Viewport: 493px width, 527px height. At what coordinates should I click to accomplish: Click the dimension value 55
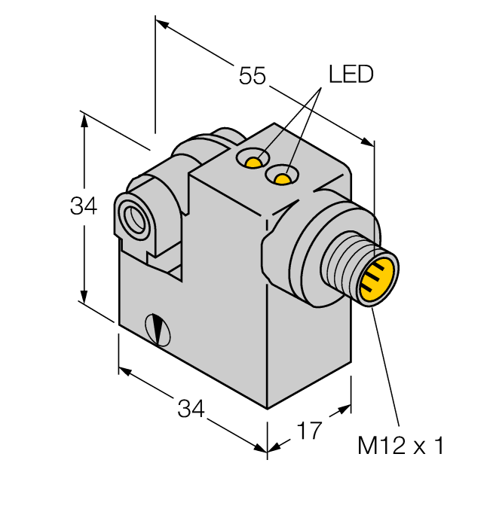pos(253,76)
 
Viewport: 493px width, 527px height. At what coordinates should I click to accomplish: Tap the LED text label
pos(351,75)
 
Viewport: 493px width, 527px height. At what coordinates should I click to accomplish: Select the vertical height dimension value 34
pos(84,206)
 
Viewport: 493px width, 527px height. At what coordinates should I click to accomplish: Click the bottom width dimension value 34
pos(191,410)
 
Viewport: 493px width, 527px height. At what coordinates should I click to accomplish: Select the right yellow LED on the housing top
pos(283,178)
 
